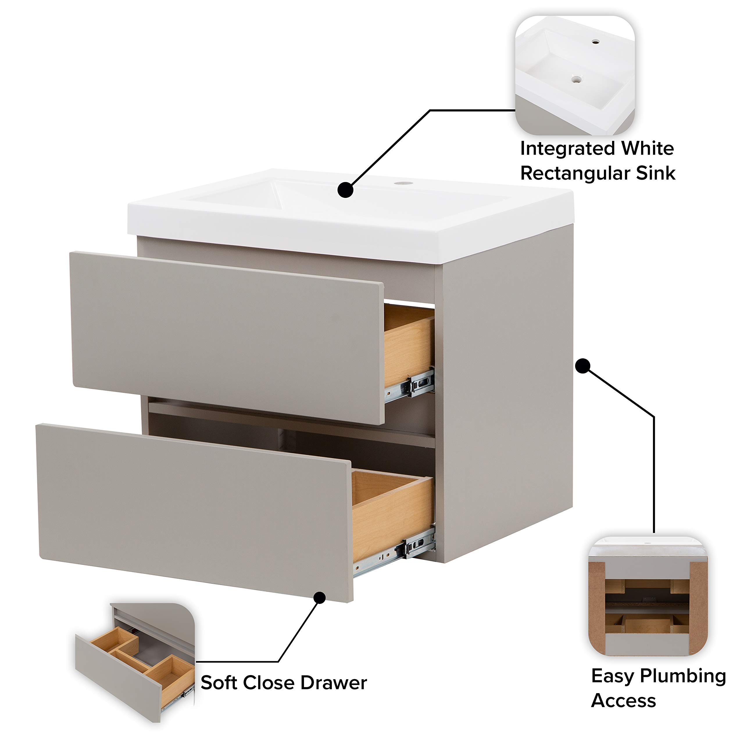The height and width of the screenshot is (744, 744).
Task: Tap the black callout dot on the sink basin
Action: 346,190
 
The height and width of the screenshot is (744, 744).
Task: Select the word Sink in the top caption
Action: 656,173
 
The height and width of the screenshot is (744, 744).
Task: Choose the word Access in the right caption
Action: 623,701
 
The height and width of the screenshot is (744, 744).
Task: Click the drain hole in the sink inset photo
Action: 576,79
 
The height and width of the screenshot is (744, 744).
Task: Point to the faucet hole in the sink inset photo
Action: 596,42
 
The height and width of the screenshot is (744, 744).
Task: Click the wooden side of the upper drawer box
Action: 408,347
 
